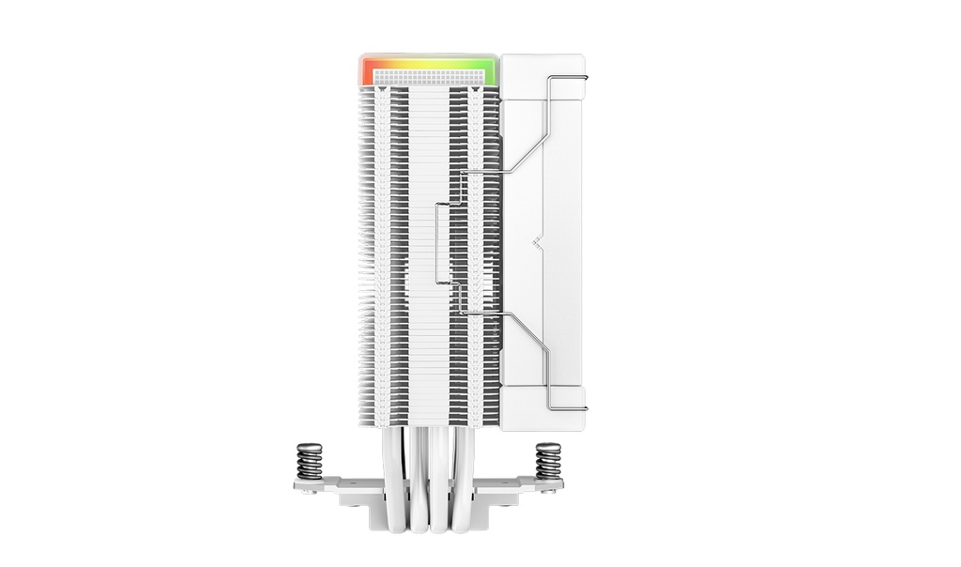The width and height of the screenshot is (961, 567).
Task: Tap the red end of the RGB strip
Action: tap(366, 70)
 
